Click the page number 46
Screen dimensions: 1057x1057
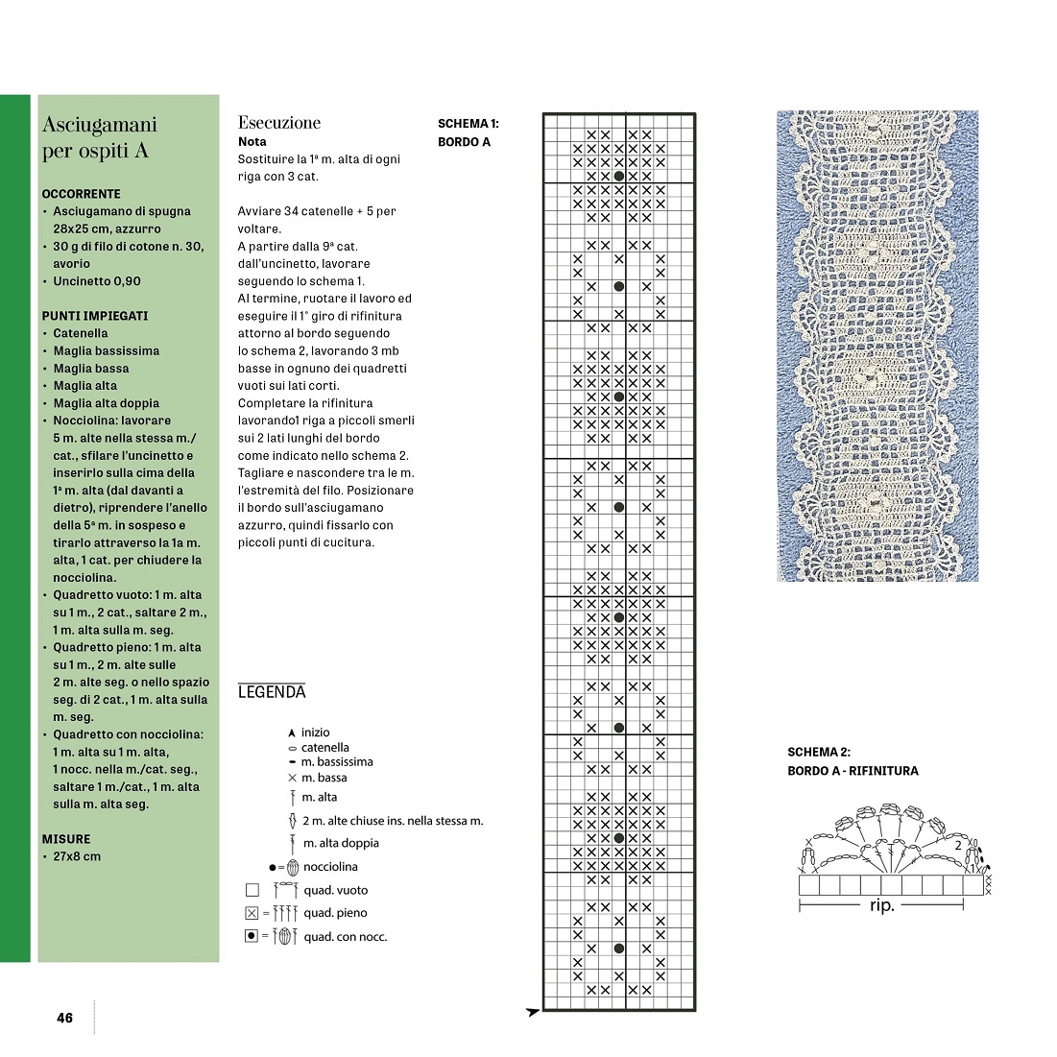point(64,1018)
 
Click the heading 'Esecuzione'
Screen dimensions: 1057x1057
point(278,123)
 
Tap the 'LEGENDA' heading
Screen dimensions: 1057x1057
point(272,692)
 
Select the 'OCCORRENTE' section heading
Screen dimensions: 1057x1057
point(82,194)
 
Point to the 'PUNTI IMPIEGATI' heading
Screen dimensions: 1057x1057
point(95,316)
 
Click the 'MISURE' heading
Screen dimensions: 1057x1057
point(66,839)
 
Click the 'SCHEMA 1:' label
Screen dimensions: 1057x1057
point(468,124)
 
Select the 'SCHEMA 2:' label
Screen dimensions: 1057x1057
point(819,753)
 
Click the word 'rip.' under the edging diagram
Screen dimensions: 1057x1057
point(881,905)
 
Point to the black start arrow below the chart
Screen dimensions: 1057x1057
point(533,1012)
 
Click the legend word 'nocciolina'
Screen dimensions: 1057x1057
point(330,867)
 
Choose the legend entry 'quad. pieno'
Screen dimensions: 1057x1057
point(335,913)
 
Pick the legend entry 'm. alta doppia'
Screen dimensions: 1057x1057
point(341,843)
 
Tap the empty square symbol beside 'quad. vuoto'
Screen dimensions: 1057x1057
point(252,890)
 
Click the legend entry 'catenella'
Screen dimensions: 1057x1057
point(324,747)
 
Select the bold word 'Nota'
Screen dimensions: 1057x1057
point(252,141)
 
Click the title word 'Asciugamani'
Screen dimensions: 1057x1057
point(99,125)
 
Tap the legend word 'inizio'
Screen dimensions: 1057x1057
point(315,733)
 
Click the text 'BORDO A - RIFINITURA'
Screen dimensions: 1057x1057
point(853,771)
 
